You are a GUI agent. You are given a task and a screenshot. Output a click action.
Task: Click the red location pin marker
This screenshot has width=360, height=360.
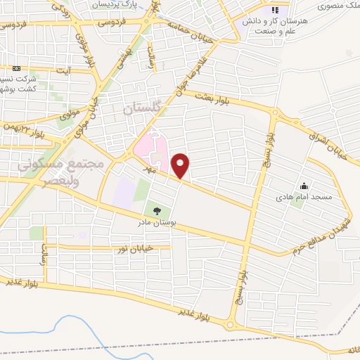coord(181,165)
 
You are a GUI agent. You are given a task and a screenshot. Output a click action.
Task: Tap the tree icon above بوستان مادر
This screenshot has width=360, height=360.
coord(156,210)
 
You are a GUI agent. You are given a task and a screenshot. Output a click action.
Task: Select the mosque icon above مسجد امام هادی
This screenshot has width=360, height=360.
coord(303,186)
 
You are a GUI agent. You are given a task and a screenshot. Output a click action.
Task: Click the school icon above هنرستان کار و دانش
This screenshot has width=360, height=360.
coord(274,11)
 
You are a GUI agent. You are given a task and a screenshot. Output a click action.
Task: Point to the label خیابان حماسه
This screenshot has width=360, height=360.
coord(187,27)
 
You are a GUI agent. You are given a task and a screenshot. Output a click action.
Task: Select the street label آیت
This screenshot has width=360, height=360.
coord(64,71)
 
